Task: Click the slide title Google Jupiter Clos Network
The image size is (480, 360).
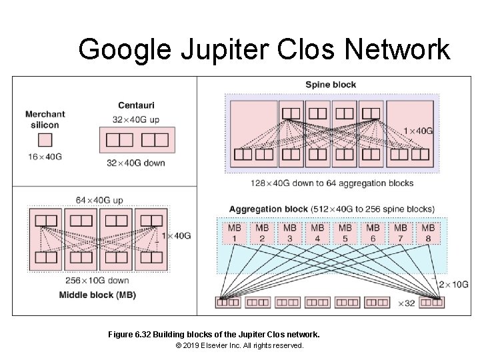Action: pos(264,49)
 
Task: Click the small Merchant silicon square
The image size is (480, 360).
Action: pos(45,140)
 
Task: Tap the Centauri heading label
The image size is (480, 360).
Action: pos(136,105)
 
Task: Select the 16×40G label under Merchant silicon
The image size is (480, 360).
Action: pos(45,157)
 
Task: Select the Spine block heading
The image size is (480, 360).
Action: pos(331,85)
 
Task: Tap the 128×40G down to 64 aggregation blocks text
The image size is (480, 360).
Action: pos(332,183)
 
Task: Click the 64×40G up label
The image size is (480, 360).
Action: pos(99,200)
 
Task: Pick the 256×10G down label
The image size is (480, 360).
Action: pos(97,281)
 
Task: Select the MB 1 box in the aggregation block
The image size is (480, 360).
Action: pos(235,233)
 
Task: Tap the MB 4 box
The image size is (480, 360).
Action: pos(317,233)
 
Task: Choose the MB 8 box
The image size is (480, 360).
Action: pos(428,233)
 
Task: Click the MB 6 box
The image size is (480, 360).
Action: pos(373,233)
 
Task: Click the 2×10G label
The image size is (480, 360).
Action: pos(453,285)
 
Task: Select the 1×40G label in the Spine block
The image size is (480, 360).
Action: pos(419,131)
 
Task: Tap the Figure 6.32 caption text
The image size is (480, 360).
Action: pos(213,333)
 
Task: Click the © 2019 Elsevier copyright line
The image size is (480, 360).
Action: pos(239,346)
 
